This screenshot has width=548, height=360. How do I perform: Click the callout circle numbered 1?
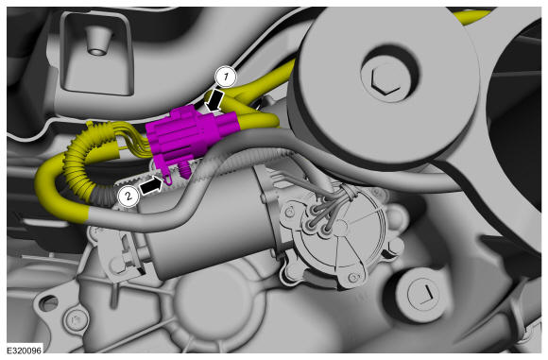point(226,77)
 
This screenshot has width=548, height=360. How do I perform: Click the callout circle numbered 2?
point(128,196)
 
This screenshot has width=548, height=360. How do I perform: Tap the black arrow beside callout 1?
point(214,101)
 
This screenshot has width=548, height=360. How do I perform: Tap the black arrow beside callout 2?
point(152,185)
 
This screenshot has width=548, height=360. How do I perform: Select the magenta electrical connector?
point(192,134)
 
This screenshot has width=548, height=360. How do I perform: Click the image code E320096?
point(24,350)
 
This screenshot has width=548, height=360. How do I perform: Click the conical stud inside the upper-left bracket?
point(96,42)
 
